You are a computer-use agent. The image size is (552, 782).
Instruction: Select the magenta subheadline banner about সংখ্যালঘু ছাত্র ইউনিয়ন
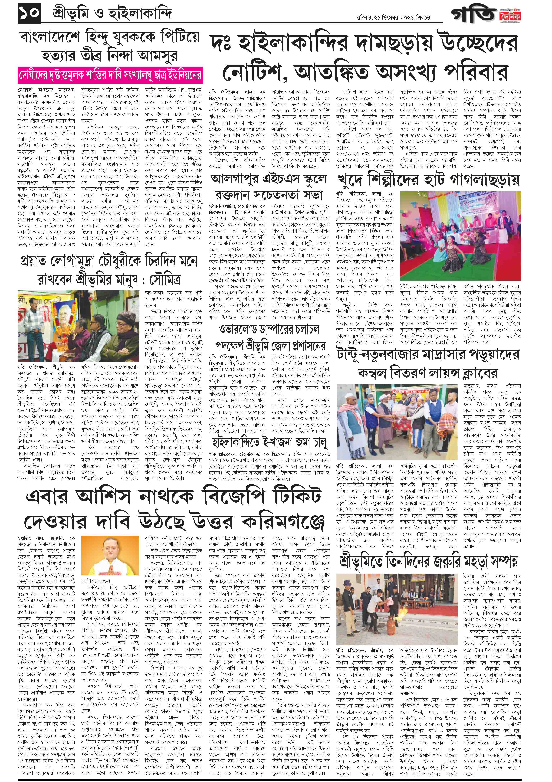[x=110, y=75]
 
